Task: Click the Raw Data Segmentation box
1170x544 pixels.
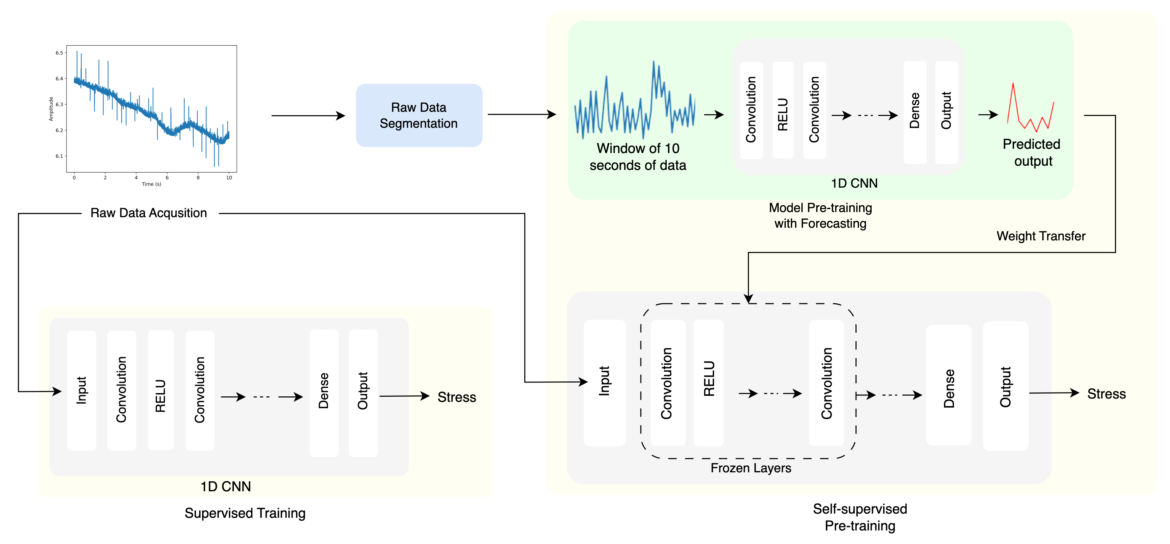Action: [419, 115]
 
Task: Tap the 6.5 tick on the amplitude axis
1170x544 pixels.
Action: [59, 53]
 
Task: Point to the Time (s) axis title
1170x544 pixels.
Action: [151, 184]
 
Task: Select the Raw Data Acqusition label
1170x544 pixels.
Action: [149, 213]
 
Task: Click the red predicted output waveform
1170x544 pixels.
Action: [1030, 109]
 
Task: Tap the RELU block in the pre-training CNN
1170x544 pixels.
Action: [783, 110]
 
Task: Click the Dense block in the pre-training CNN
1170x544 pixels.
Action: [914, 112]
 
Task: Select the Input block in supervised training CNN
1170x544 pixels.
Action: [81, 390]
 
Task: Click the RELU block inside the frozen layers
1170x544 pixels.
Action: [709, 382]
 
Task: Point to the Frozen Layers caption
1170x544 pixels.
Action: [750, 468]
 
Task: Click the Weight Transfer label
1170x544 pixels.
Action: [1041, 236]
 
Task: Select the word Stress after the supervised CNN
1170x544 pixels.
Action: [457, 397]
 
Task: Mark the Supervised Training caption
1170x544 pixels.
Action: [245, 513]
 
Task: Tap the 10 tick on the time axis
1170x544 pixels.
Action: [229, 177]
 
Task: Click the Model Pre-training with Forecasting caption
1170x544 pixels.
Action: [820, 215]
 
